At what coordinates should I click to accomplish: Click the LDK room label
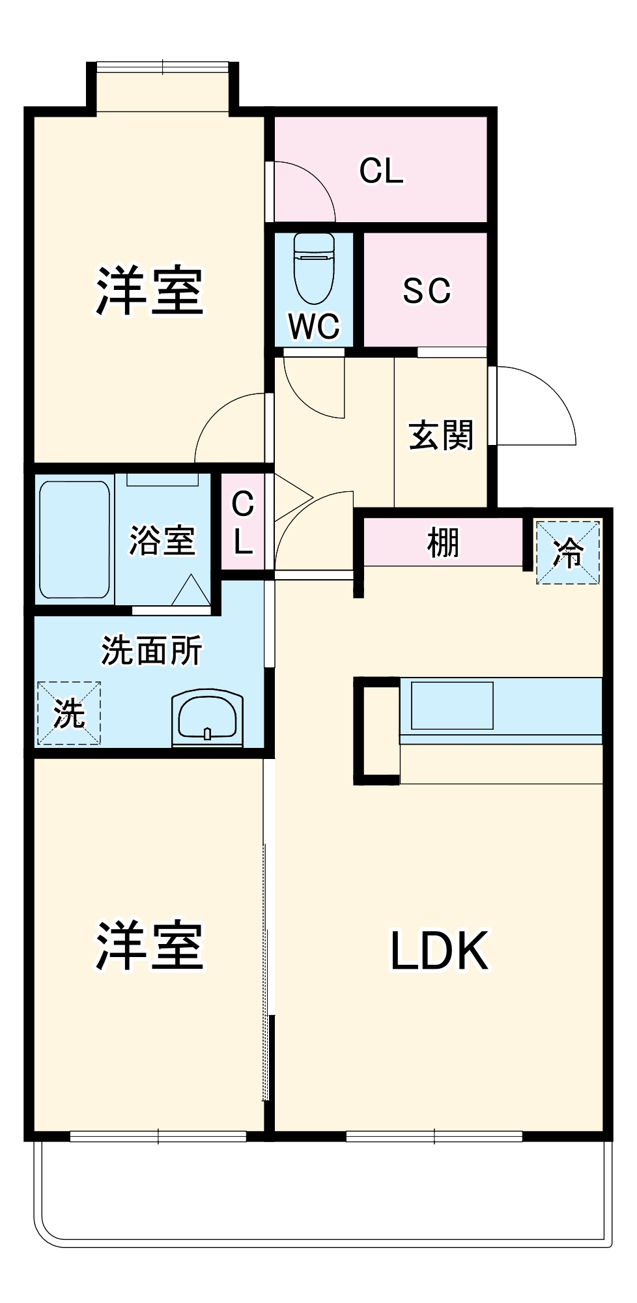(439, 952)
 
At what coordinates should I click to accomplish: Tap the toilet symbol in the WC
(313, 267)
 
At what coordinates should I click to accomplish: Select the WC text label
(313, 326)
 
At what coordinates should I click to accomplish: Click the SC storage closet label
(427, 291)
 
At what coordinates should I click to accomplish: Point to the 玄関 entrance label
(441, 435)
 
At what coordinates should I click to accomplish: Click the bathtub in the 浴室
(74, 539)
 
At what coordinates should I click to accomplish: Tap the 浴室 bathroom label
(162, 540)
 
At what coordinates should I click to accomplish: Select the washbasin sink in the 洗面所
(207, 719)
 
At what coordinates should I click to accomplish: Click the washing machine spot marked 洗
(69, 713)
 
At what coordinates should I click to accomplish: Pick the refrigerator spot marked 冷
(567, 552)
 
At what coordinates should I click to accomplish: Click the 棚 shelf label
(443, 542)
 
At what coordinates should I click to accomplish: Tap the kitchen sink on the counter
(452, 705)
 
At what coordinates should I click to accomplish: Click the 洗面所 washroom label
(151, 650)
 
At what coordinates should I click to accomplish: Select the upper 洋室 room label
(150, 291)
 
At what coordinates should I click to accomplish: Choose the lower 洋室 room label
(150, 945)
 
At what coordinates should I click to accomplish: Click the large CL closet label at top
(381, 171)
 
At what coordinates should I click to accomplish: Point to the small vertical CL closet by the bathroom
(242, 522)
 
